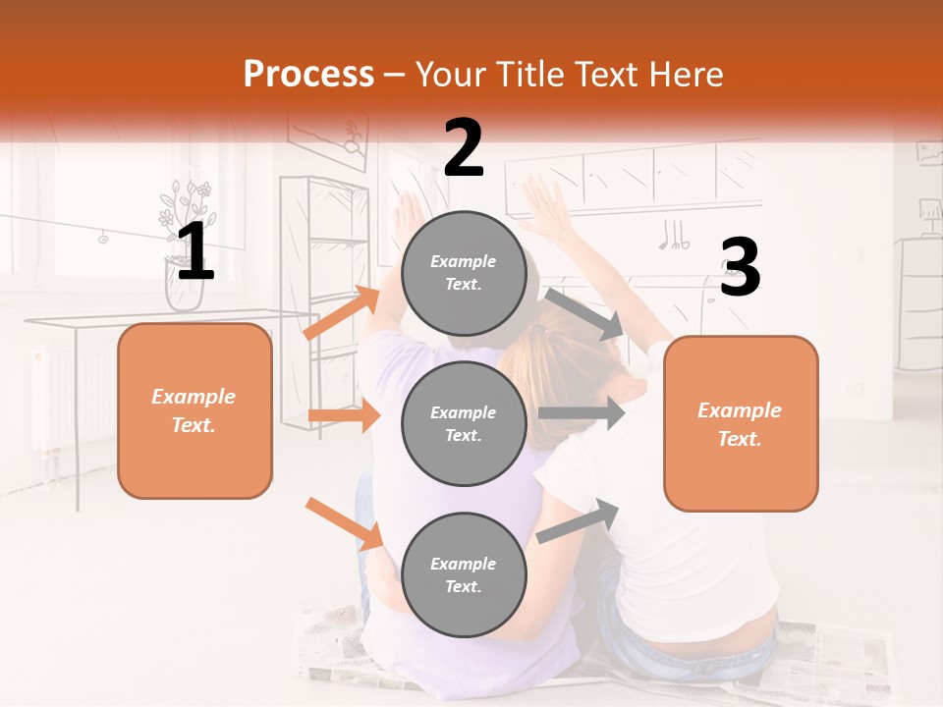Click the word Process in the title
[x=308, y=75]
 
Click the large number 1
[x=194, y=251]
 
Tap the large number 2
[x=464, y=148]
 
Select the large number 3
[x=740, y=267]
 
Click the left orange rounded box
[x=194, y=410]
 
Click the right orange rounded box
[x=741, y=423]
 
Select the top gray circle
[x=465, y=273]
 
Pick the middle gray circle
[x=465, y=423]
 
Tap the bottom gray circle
[x=465, y=574]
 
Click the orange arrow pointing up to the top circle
[x=342, y=314]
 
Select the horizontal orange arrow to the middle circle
[x=344, y=415]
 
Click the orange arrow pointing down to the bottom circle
[x=344, y=523]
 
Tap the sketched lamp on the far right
[x=927, y=211]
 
